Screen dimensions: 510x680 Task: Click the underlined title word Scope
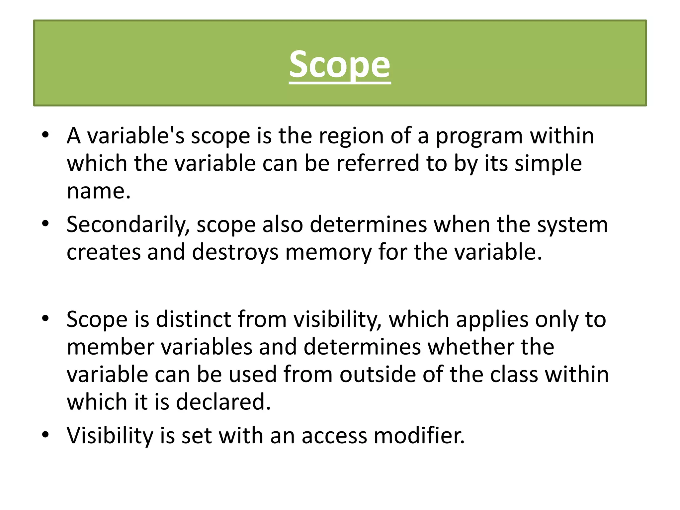pos(340,65)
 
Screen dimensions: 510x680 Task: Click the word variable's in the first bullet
pos(135,136)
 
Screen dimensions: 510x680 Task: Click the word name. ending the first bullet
pos(99,192)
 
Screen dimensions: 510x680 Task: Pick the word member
pos(111,347)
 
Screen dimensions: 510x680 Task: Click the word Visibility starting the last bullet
pos(110,436)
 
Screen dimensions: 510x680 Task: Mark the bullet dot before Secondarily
pos(45,224)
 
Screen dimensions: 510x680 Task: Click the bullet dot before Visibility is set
pos(45,435)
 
